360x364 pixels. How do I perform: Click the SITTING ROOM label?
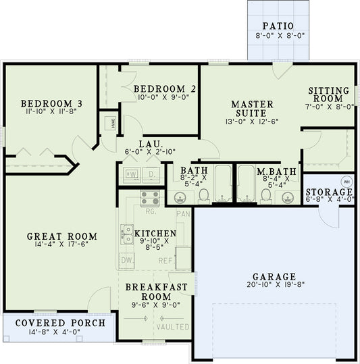[x=329, y=95]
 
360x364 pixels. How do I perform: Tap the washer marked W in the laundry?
[x=132, y=174]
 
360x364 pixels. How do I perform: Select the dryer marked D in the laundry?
[x=151, y=174]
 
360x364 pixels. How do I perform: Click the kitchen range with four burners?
[x=149, y=197]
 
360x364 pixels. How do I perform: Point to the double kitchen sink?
[x=127, y=233]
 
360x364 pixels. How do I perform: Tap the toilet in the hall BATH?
[x=203, y=196]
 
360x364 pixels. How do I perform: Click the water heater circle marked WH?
[x=346, y=182]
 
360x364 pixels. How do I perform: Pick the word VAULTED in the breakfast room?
[x=173, y=327]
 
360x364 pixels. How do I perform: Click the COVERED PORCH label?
[x=61, y=323]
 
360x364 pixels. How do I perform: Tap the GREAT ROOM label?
[x=61, y=236]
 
